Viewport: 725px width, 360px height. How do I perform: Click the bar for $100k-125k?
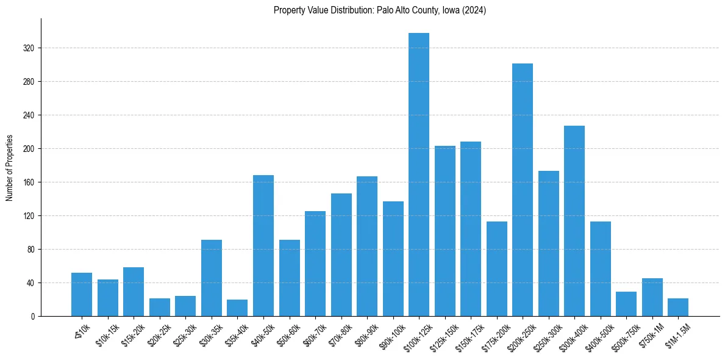pos(419,175)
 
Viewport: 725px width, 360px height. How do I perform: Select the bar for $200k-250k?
pos(523,190)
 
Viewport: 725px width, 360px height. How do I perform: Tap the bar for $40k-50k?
pos(263,246)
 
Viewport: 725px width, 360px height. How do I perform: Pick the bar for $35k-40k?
pos(237,308)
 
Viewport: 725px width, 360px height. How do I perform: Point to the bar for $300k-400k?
pos(574,221)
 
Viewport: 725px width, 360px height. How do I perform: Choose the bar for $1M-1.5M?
pos(678,308)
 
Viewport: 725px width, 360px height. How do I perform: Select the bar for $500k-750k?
pos(626,304)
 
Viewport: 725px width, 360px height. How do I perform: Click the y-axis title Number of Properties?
pos(9,167)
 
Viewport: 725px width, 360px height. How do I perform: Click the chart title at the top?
pos(380,10)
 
